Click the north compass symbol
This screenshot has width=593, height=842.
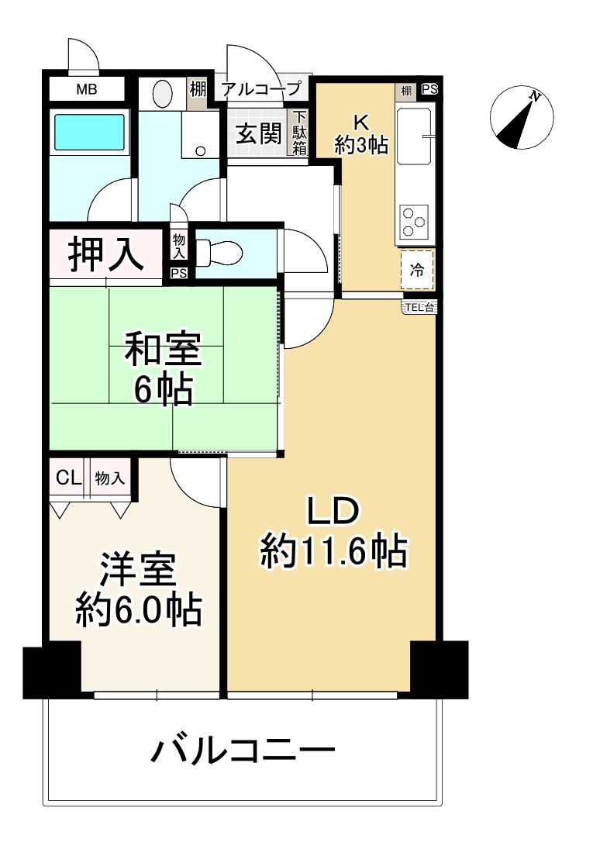click(521, 118)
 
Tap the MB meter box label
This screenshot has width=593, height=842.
click(86, 89)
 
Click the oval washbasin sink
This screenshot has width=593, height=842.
click(163, 94)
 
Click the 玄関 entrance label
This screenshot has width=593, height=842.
click(259, 133)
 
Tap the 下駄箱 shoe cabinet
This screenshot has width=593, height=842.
click(299, 133)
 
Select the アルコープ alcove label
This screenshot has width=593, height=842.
click(260, 88)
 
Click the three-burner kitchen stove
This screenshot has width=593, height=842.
click(414, 221)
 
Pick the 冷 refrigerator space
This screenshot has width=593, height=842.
click(417, 270)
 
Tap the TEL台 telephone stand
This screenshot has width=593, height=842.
click(419, 308)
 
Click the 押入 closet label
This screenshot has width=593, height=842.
click(105, 254)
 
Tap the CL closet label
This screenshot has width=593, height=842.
click(69, 478)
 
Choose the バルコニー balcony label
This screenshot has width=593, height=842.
click(243, 750)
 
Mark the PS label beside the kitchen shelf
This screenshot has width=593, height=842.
click(429, 90)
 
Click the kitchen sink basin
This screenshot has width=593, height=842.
click(414, 136)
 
